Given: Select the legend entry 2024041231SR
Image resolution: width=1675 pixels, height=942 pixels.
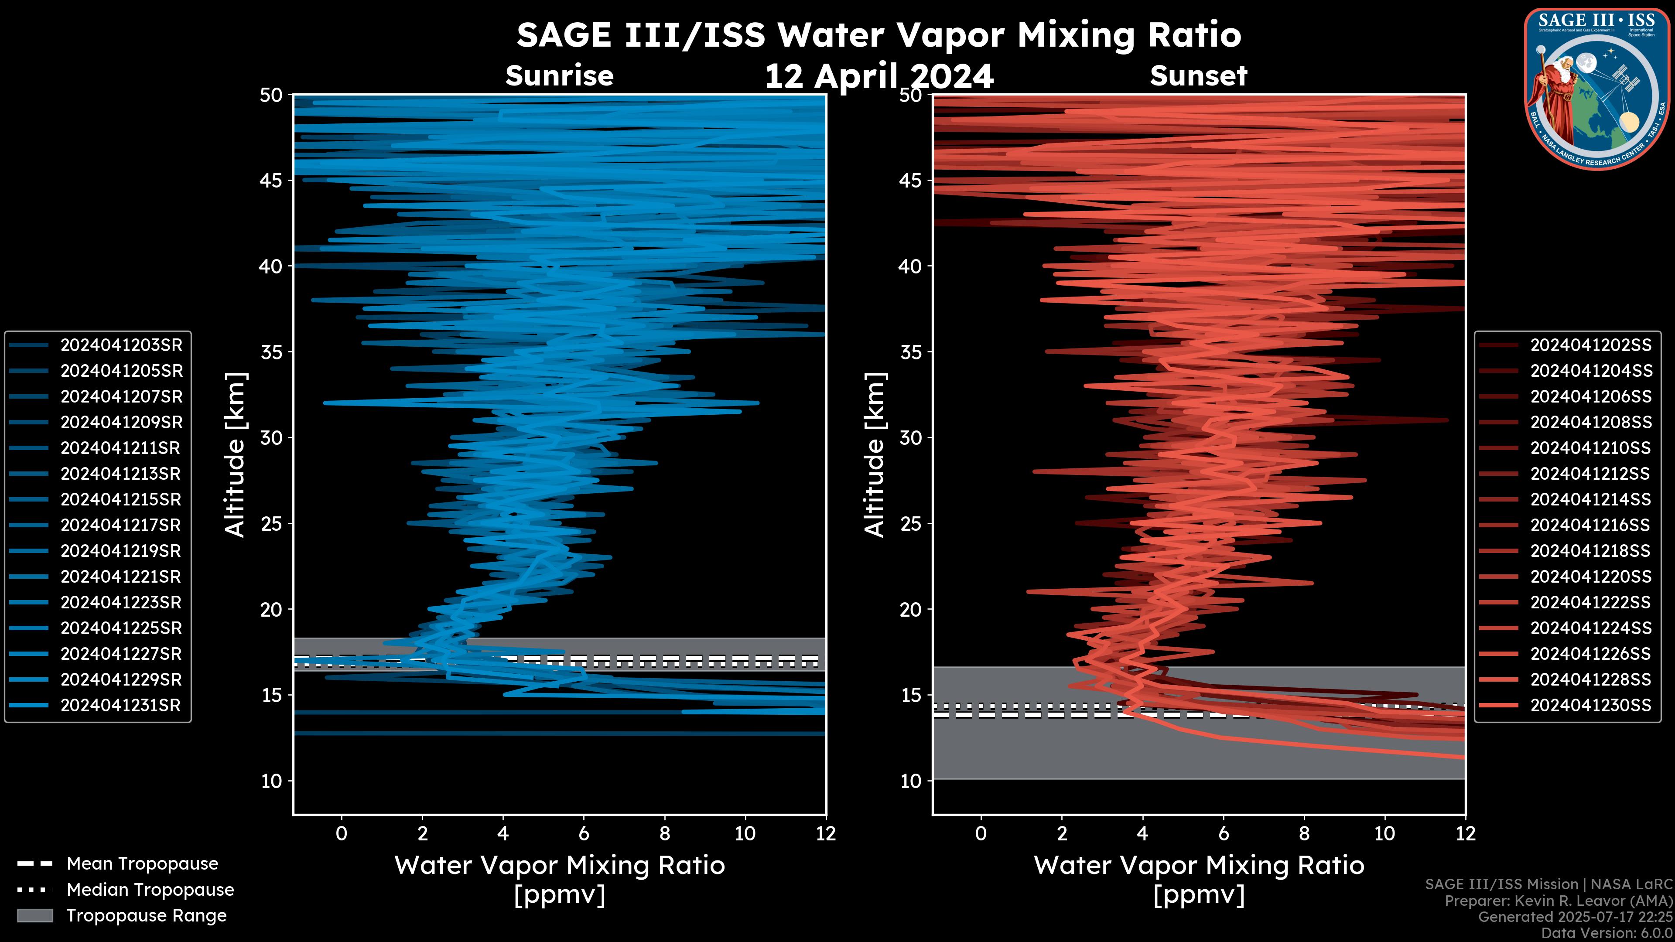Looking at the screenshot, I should coord(120,705).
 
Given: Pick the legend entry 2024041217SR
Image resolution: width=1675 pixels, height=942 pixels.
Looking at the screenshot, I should coord(120,525).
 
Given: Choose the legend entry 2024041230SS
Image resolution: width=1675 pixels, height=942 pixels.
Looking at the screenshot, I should coord(1590,705).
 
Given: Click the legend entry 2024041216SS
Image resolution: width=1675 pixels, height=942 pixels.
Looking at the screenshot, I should coord(1590,525).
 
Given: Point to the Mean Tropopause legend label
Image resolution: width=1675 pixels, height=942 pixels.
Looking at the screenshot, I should coord(142,864).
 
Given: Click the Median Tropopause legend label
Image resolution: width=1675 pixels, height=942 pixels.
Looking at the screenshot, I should coord(150,890).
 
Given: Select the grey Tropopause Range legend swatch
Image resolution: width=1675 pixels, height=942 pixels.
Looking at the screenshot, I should coord(34,915).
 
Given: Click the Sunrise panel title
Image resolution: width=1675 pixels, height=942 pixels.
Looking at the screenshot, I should coord(559,76).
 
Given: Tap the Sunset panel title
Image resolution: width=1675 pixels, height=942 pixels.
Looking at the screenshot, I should coord(1198,76).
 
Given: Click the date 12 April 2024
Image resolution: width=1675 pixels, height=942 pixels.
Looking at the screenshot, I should coord(879,77).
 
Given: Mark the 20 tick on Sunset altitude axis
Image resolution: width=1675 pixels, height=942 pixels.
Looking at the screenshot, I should coord(911,610).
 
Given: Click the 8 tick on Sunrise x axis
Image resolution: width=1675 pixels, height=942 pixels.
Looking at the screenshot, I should coord(664,833).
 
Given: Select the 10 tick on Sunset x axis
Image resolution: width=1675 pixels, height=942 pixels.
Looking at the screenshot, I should coord(1384,833).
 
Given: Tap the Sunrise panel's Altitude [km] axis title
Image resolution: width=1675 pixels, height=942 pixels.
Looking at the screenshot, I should coord(236,455).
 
